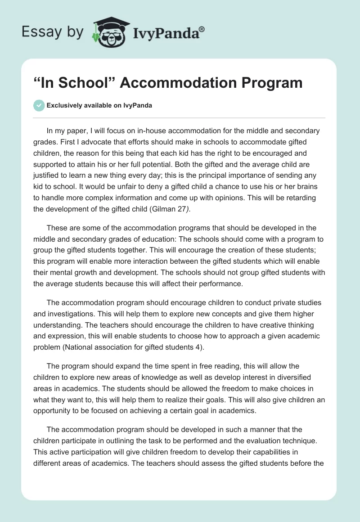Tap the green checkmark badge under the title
39,105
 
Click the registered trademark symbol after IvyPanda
202,29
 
